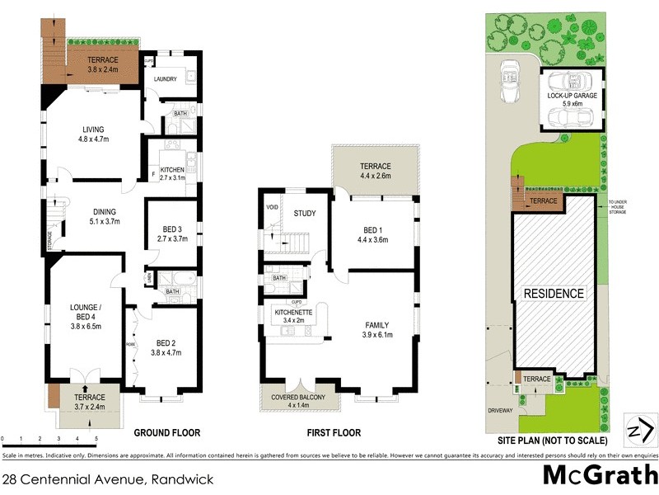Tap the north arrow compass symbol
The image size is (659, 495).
click(x=640, y=430)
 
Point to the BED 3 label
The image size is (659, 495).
click(x=172, y=233)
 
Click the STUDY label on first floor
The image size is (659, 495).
click(x=305, y=214)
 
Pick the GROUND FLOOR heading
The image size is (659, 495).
click(x=167, y=432)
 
